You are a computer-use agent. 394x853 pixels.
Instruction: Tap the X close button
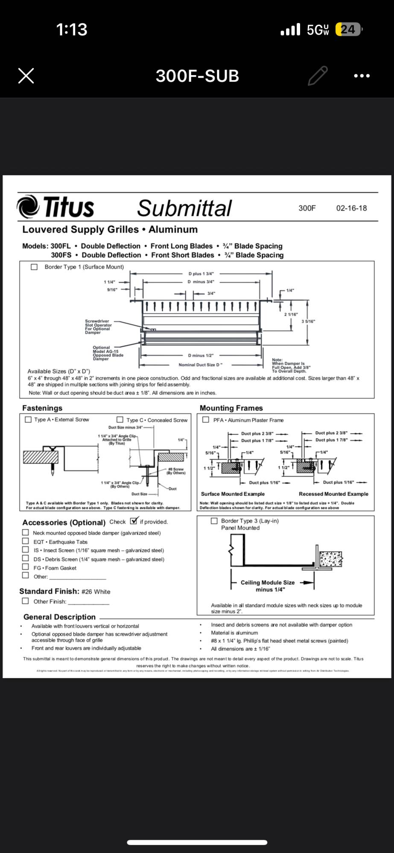pyautogui.click(x=26, y=76)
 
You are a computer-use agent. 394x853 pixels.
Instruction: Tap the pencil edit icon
pyautogui.click(x=318, y=76)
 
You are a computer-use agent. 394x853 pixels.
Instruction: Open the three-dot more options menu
pyautogui.click(x=362, y=76)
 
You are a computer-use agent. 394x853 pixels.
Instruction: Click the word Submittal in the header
pyautogui.click(x=184, y=208)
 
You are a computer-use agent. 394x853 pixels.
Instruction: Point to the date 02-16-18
pyautogui.click(x=351, y=208)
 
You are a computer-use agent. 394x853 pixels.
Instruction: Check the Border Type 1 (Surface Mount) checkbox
pyautogui.click(x=34, y=267)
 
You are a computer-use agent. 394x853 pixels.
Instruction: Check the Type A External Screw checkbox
pyautogui.click(x=28, y=420)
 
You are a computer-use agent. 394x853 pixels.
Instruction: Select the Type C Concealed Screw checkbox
pyautogui.click(x=120, y=420)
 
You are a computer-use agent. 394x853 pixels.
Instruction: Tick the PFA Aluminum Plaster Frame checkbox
pyautogui.click(x=206, y=420)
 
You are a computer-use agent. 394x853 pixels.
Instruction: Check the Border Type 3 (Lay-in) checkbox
pyautogui.click(x=214, y=521)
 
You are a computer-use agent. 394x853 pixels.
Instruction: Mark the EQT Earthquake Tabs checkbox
pyautogui.click(x=26, y=541)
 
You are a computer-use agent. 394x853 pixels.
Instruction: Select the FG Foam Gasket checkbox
pyautogui.click(x=26, y=567)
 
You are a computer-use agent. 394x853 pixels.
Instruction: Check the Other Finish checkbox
pyautogui.click(x=26, y=601)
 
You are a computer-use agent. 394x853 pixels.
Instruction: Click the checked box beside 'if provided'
pyautogui.click(x=134, y=521)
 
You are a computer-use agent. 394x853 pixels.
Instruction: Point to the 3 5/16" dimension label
pyautogui.click(x=308, y=321)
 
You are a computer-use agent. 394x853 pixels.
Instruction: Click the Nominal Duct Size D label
pyautogui.click(x=200, y=365)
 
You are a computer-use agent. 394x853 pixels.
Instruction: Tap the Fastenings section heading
pyautogui.click(x=42, y=408)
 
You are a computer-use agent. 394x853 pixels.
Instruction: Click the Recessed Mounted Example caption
pyautogui.click(x=333, y=494)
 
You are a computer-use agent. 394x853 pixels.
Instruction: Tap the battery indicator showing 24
pyautogui.click(x=348, y=29)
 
